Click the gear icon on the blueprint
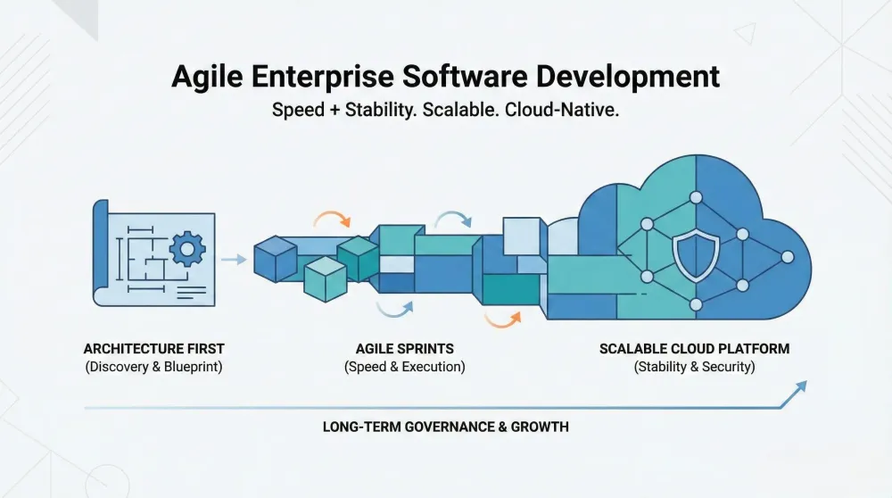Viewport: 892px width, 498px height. (186, 249)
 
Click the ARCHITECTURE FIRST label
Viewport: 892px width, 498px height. (153, 348)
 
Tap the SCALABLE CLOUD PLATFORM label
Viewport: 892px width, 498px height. (694, 348)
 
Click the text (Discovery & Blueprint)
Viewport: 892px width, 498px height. (153, 367)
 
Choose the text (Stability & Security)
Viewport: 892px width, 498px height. (694, 367)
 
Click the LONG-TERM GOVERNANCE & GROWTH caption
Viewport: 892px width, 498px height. (445, 427)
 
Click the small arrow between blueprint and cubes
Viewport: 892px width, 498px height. (234, 260)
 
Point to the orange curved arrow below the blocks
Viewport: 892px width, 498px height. (503, 318)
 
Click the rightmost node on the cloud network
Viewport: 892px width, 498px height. (787, 257)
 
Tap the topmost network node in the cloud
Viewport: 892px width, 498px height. (696, 197)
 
